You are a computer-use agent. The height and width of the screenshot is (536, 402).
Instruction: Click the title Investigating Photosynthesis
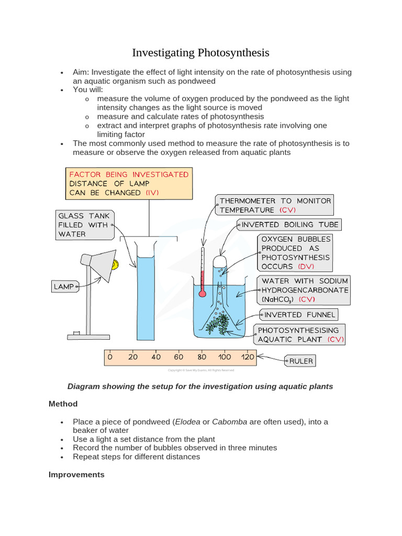(200, 52)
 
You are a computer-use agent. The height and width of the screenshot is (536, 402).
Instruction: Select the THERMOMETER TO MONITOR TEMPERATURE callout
(275, 205)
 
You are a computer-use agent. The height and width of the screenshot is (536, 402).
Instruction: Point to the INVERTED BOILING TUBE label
(289, 225)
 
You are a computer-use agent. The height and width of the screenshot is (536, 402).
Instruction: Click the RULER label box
(300, 361)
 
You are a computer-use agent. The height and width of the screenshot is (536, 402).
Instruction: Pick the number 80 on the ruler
(202, 357)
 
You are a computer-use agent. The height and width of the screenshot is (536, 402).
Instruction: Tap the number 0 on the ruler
(110, 357)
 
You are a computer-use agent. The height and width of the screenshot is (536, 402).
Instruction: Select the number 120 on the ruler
(247, 357)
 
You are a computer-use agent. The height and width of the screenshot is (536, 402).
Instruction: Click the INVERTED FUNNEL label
(299, 315)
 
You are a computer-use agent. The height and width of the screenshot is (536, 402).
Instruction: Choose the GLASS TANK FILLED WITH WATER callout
(83, 225)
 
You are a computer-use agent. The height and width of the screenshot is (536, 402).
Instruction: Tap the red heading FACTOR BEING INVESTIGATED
(129, 174)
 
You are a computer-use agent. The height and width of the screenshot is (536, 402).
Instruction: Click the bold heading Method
(63, 404)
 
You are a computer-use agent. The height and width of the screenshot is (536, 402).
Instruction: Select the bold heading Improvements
(76, 474)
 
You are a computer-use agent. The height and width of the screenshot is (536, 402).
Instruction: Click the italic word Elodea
(187, 421)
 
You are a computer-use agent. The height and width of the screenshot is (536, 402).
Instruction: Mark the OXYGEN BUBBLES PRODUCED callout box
(295, 252)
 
